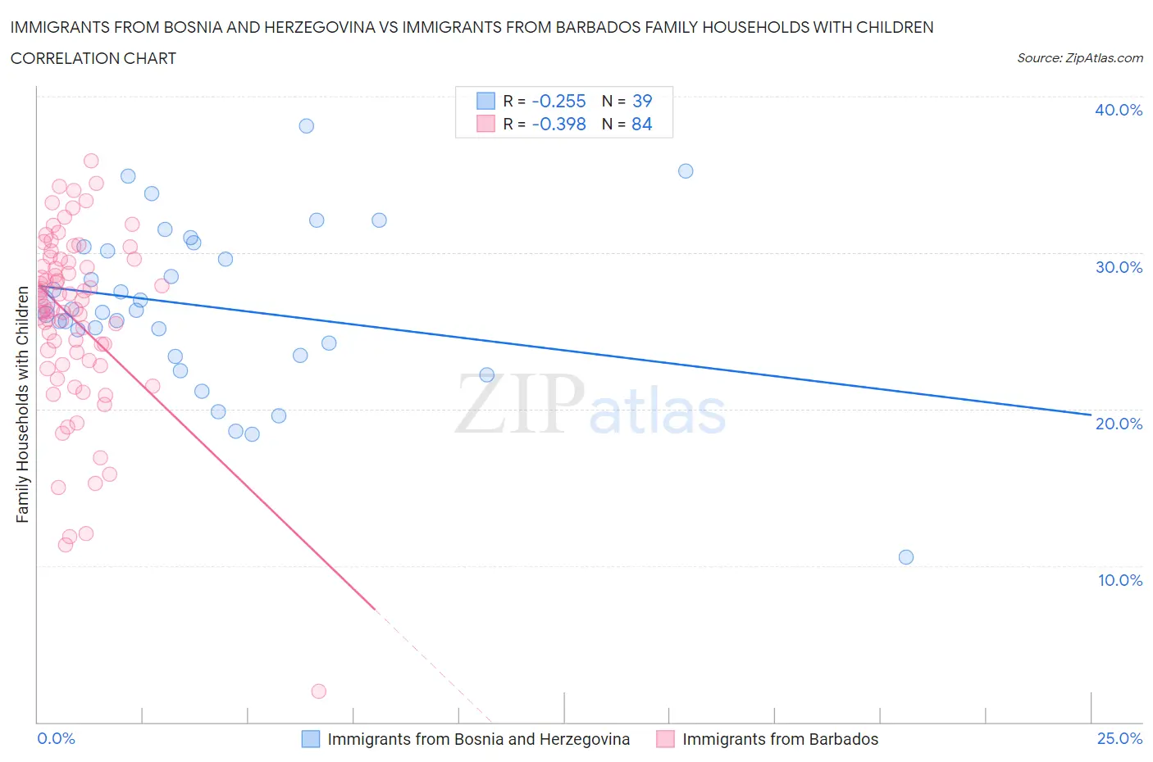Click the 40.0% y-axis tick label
(x=1119, y=110)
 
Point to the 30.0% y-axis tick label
(x=1119, y=267)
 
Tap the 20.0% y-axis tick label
(x=1119, y=424)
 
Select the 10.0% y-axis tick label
(x=1120, y=580)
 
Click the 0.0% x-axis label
(x=56, y=738)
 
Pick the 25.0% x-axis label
(x=1119, y=738)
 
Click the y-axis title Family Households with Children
(x=22, y=404)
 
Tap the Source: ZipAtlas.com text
(x=1079, y=58)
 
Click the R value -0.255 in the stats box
(x=558, y=101)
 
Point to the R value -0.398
(x=558, y=124)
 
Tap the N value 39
(x=642, y=101)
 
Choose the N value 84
(x=642, y=124)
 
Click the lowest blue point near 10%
(x=906, y=557)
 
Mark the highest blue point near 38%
(x=306, y=125)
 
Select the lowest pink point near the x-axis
(x=319, y=692)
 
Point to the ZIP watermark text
(x=520, y=404)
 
